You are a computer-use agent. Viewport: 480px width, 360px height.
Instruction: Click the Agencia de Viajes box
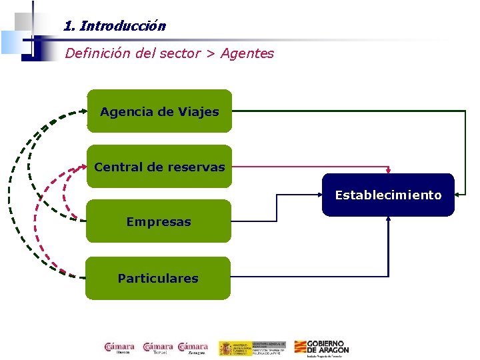click(x=159, y=111)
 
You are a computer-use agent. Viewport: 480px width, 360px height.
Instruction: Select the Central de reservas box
click(x=159, y=167)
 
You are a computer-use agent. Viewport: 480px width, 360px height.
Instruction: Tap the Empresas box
click(x=159, y=221)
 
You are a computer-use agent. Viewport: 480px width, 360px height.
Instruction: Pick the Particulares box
click(x=158, y=278)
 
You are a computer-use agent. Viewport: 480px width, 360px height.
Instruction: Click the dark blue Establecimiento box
click(x=388, y=195)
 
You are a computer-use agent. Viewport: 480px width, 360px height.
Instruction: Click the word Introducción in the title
click(x=123, y=27)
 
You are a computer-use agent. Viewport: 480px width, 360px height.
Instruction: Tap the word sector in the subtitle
click(x=180, y=53)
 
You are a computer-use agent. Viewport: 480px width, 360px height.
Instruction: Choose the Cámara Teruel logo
click(x=158, y=348)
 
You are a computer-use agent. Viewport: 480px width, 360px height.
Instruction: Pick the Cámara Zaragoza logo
click(x=193, y=348)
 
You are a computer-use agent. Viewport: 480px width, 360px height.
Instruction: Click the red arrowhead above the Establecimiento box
click(x=388, y=171)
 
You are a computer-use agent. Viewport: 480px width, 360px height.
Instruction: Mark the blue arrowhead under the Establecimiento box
click(x=388, y=219)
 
